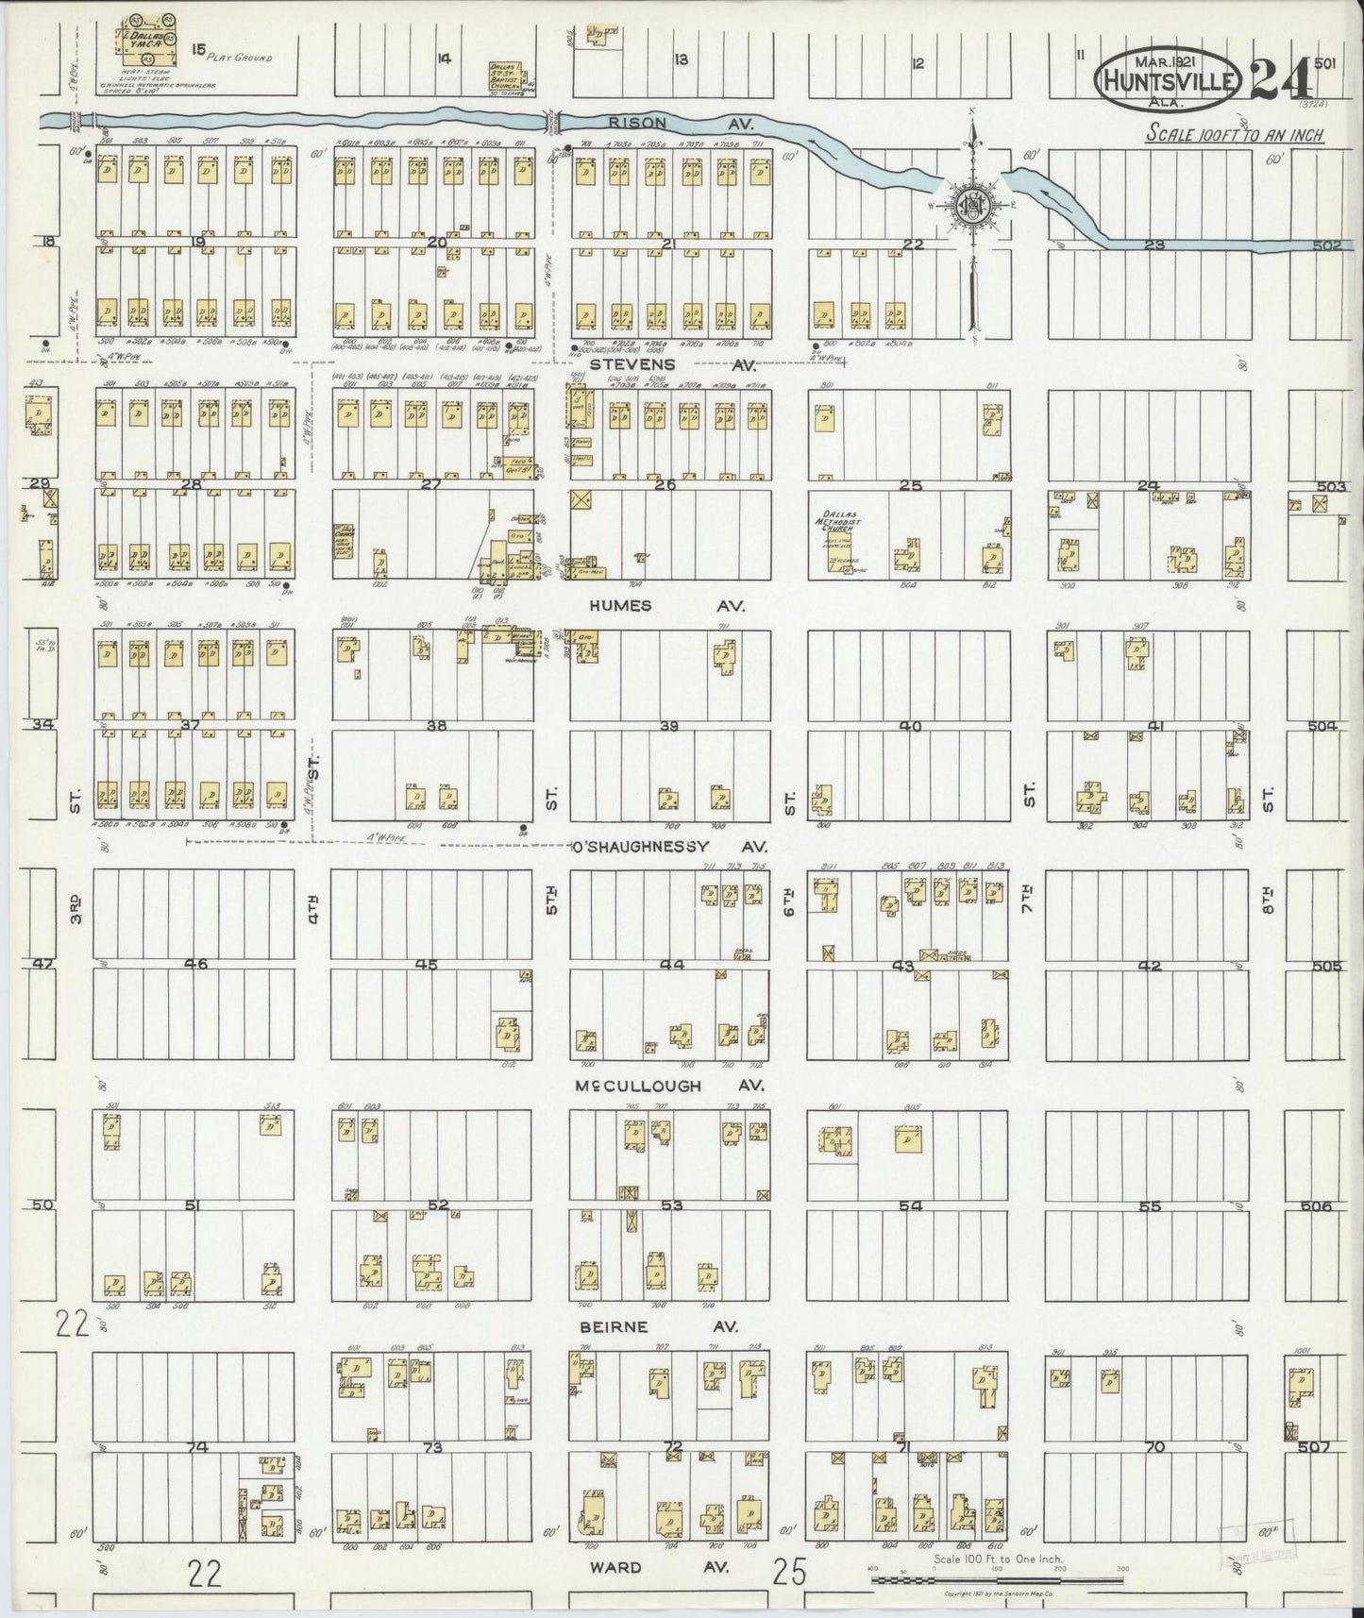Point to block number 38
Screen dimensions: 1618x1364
436,726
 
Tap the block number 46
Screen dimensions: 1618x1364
195,965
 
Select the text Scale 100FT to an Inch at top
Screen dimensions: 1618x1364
1234,135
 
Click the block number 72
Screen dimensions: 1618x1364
672,1445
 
